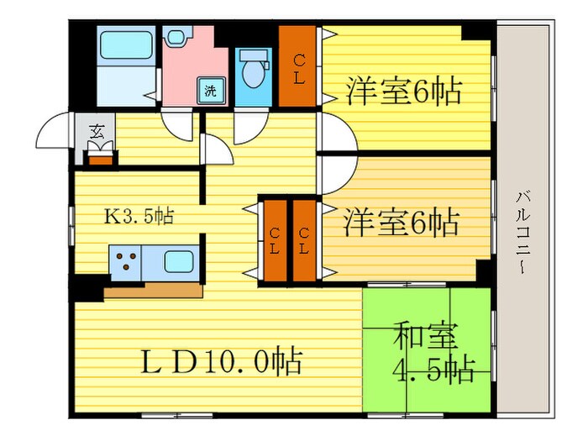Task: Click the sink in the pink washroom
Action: click(176, 37)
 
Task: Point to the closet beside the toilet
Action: click(298, 66)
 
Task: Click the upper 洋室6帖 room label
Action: click(403, 91)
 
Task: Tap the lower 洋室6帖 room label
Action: click(401, 223)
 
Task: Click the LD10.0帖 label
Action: click(220, 363)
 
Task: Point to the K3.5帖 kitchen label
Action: click(139, 216)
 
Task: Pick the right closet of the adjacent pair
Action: click(304, 240)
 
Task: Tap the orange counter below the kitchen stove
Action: click(154, 290)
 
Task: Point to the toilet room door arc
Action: click(249, 125)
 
